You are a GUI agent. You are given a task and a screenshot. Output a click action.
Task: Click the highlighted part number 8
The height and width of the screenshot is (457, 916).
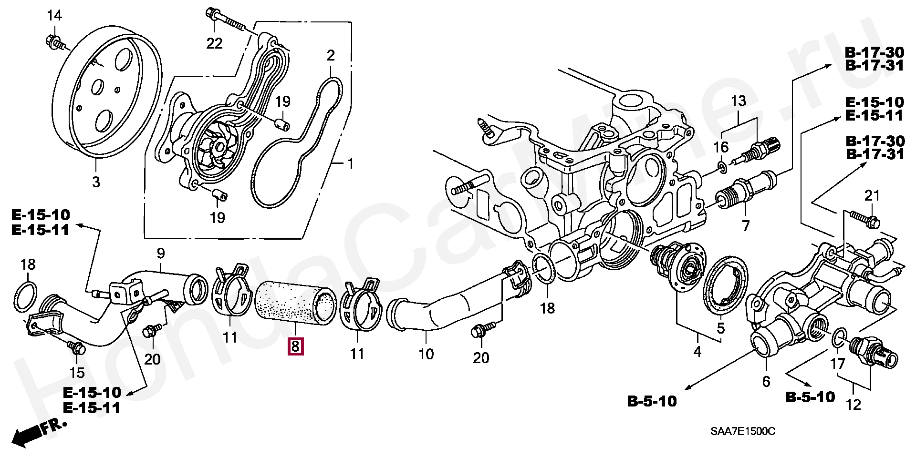pyautogui.click(x=295, y=346)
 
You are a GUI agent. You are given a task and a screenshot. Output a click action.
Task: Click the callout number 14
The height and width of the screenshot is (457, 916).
pyautogui.click(x=54, y=16)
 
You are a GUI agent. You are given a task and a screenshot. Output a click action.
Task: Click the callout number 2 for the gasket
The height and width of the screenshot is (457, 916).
pyautogui.click(x=331, y=56)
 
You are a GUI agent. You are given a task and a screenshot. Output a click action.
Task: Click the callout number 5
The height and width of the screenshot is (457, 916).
pyautogui.click(x=720, y=328)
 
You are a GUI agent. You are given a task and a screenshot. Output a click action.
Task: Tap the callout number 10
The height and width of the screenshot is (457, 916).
pyautogui.click(x=426, y=354)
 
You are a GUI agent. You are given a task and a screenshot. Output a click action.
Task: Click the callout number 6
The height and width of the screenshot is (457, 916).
pyautogui.click(x=766, y=381)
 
